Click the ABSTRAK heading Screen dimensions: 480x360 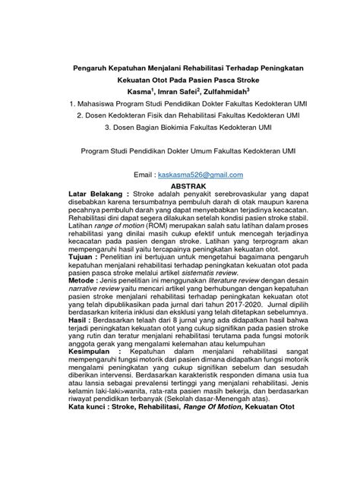tap(179, 185)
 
